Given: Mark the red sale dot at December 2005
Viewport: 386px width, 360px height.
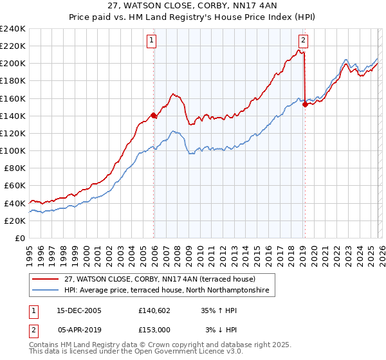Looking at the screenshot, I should pyautogui.click(x=154, y=116).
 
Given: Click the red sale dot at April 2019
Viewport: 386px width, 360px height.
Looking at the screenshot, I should pyautogui.click(x=305, y=105).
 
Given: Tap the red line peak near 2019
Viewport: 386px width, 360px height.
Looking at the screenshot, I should pyautogui.click(x=300, y=50).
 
